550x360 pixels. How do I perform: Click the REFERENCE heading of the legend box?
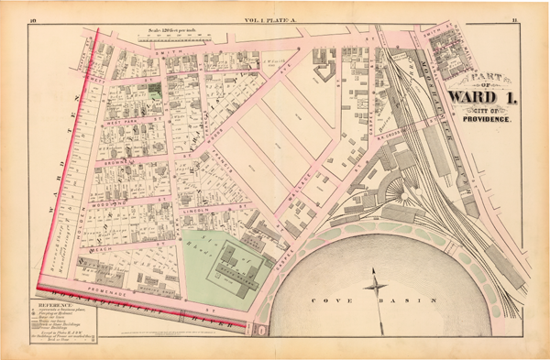pos(54,301)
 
